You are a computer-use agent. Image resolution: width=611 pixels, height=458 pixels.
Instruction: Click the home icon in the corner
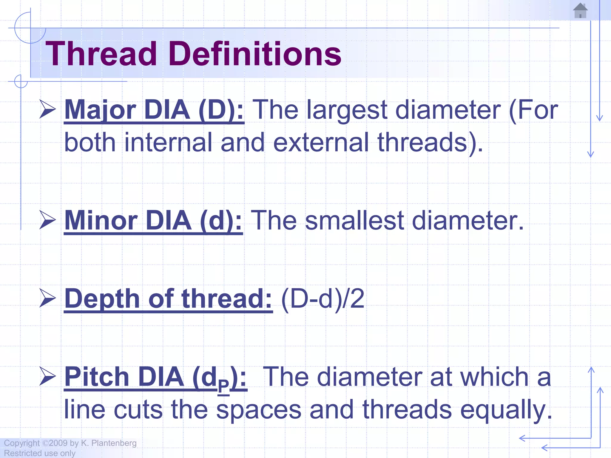(580, 11)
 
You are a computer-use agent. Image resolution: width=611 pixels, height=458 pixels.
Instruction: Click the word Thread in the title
(101, 54)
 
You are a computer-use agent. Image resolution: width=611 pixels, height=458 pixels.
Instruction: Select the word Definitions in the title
(255, 54)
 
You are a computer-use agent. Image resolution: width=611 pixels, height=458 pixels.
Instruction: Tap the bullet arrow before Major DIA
(47, 109)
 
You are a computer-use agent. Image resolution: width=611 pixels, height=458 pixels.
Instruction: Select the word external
(321, 143)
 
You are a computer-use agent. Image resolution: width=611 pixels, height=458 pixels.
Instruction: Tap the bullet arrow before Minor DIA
(47, 220)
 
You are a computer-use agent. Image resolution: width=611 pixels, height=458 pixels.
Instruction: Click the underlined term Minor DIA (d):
(153, 221)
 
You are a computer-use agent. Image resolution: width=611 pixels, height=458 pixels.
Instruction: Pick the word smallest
(354, 221)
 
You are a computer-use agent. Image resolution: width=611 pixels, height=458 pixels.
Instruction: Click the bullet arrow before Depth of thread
(47, 298)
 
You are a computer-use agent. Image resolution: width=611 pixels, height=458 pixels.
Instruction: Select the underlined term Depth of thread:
(168, 299)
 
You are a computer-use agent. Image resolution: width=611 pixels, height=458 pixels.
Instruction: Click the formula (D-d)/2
(323, 299)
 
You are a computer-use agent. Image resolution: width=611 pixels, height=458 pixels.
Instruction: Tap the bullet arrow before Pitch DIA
(47, 376)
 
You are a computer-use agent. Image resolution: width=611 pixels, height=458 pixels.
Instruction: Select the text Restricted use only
(39, 453)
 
